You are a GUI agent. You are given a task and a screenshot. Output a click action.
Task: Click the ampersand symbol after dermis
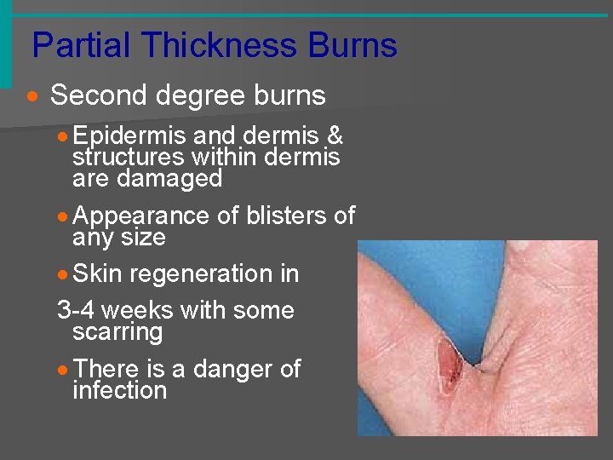tap(335, 135)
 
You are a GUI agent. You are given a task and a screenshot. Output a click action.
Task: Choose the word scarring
tap(117, 331)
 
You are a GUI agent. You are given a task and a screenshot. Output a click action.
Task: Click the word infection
tap(119, 390)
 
